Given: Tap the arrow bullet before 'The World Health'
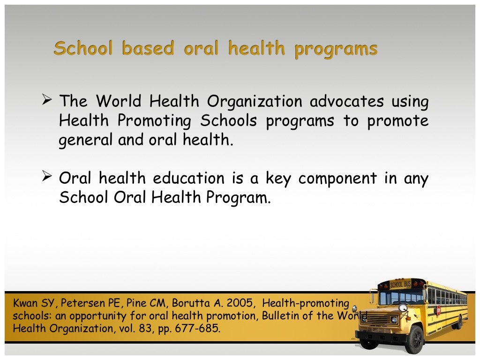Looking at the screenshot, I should [46, 100].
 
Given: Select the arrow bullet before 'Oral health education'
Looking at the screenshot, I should [46, 177].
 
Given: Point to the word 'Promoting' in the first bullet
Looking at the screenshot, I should [154, 121].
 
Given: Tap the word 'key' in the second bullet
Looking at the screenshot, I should [279, 178].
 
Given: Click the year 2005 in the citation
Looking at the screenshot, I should [241, 303].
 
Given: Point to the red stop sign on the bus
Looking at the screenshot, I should [439, 310].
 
